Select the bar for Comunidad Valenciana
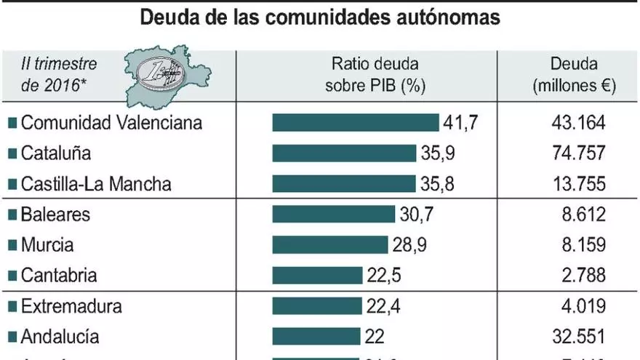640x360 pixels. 356,123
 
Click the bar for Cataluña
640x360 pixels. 345,153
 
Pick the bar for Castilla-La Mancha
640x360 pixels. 344,184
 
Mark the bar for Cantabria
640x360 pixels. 317,276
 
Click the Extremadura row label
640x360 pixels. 71,306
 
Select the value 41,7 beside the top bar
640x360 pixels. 460,123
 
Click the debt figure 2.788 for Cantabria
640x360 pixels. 579,276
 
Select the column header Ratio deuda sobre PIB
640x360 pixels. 375,75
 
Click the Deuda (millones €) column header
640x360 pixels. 575,75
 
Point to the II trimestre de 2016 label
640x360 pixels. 59,75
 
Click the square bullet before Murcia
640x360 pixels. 12,246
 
